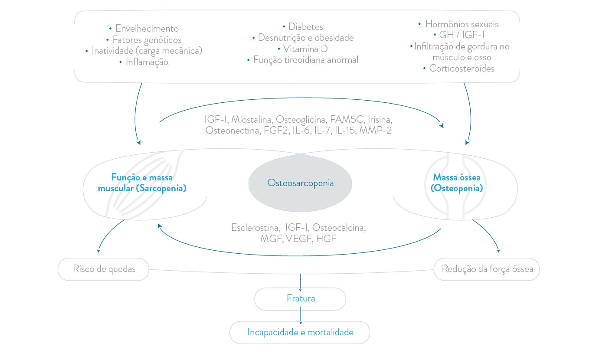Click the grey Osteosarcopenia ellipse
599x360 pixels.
tap(300, 183)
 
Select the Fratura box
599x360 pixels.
tap(300, 298)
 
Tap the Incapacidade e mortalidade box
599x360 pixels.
tap(300, 332)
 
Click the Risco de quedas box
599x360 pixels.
tap(104, 269)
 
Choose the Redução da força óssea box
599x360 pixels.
tap(487, 269)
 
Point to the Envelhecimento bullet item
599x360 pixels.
tap(147, 29)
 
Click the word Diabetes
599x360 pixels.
tap(305, 27)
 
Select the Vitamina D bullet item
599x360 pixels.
tap(305, 49)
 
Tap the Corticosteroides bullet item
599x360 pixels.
tap(462, 69)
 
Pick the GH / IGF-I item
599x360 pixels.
tap(461, 36)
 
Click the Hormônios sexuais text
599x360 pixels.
tap(462, 24)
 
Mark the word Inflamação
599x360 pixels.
tap(147, 62)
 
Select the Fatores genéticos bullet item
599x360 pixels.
tap(147, 40)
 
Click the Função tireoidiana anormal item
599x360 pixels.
tap(305, 60)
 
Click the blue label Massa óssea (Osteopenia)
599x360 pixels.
tap(458, 183)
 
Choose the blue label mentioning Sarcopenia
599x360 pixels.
tap(142, 183)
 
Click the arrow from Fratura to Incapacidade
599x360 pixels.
tap(300, 316)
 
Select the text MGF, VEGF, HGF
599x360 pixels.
tap(298, 239)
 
